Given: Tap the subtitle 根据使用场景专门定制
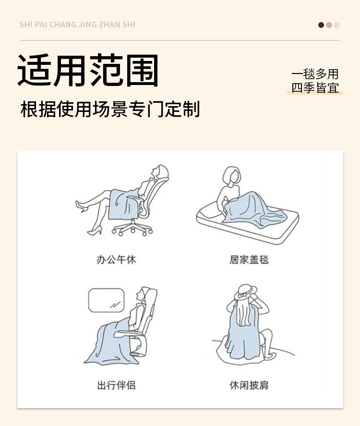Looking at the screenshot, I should pos(110,110).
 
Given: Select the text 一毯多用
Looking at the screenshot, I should pos(315,74).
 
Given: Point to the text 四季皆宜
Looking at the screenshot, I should pos(315,88).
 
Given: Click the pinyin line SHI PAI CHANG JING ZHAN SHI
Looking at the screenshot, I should pos(77,24).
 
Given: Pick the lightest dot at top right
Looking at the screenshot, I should pos(337,25).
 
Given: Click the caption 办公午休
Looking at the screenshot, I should pos(116,260).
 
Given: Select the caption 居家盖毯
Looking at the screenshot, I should pos(249,260).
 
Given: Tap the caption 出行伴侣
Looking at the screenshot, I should pos(116,385).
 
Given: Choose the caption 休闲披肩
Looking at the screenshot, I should pos(249,385).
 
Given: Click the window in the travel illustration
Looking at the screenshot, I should pos(106,300).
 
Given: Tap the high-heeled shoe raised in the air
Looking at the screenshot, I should pos(81,206).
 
